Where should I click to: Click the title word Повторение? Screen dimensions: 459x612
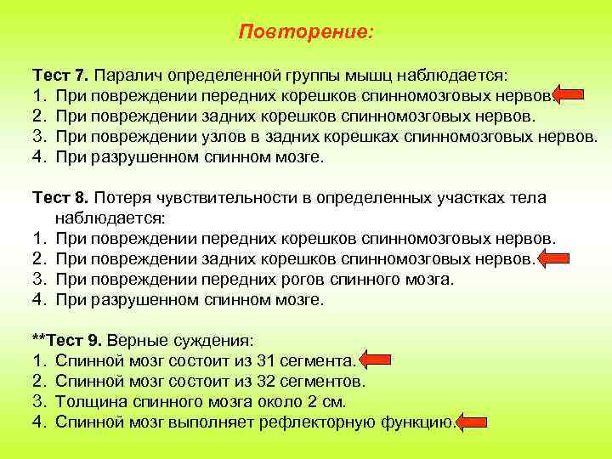(x=305, y=31)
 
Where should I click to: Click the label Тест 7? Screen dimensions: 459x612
(x=60, y=76)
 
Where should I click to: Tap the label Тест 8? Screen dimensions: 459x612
(x=60, y=198)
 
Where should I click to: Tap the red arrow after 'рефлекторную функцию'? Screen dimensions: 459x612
(x=473, y=422)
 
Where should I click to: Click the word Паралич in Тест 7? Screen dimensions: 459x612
(x=127, y=76)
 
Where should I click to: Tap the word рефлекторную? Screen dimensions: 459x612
(x=332, y=422)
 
